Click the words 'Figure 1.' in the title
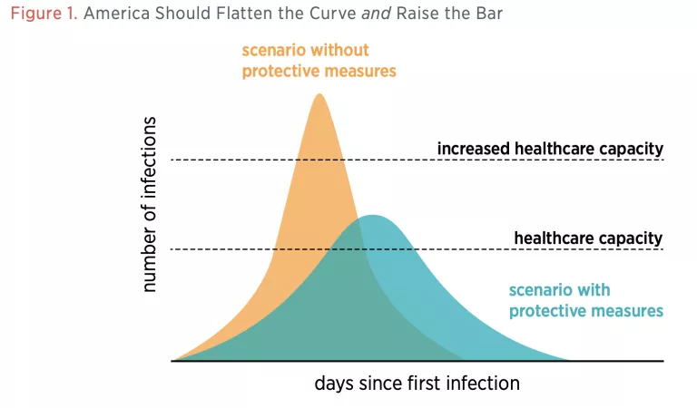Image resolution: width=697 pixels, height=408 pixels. tap(43, 15)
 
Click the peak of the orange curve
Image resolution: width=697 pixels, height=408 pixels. tap(319, 94)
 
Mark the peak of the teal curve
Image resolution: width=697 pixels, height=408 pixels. tap(371, 216)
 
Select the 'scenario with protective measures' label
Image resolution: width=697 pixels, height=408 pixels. tap(585, 300)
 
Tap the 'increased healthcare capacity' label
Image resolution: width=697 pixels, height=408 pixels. tap(550, 148)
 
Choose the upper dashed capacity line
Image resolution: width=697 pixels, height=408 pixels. tap(227, 160)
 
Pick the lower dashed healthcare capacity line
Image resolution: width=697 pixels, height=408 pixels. tap(227, 248)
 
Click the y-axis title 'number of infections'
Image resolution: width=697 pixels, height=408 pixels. tap(150, 204)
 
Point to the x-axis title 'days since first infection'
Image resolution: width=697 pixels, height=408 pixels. tap(417, 384)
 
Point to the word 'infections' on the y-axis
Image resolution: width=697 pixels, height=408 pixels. tap(150, 159)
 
